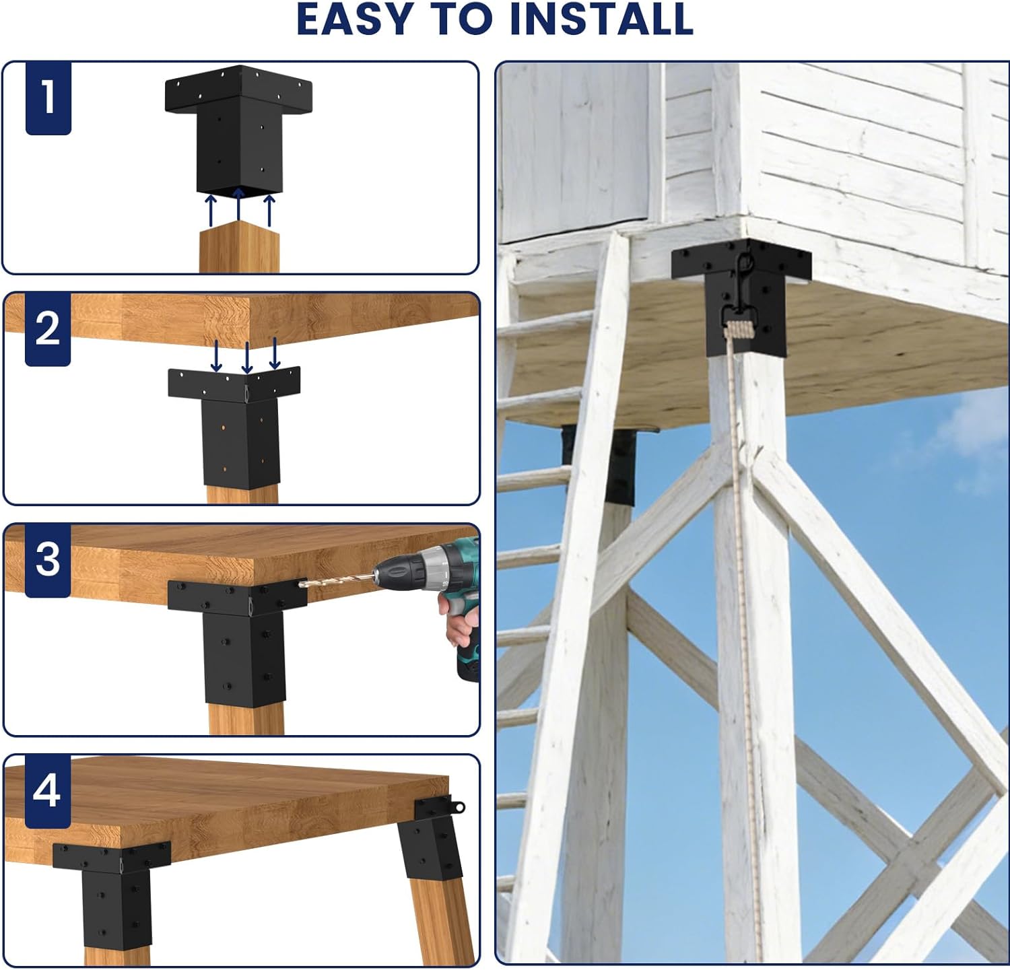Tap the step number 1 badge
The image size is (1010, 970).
48,98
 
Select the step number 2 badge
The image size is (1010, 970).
48,329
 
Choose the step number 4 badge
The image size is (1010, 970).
47,791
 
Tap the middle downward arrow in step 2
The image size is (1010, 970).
246,357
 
